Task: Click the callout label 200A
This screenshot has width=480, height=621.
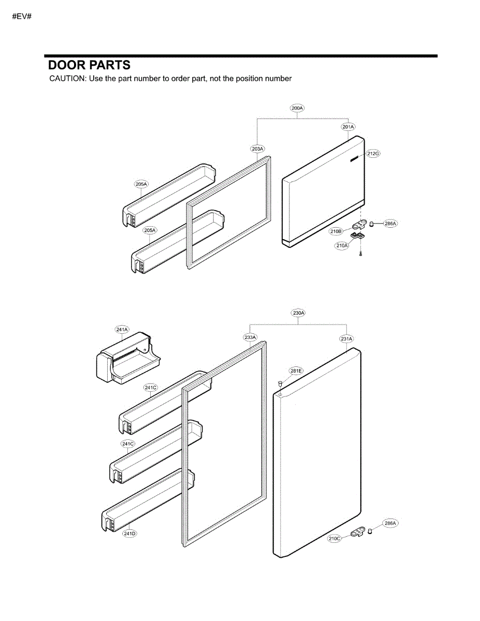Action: [x=297, y=108]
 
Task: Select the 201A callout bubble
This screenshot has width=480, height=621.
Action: [x=348, y=127]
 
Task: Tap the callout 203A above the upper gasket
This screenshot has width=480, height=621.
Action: [x=257, y=149]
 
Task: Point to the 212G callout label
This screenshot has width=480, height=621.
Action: [x=373, y=154]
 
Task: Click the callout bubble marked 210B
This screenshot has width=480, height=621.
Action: [x=337, y=231]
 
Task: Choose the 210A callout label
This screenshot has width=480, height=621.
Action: [x=342, y=246]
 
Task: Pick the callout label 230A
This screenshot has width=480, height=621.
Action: [x=299, y=313]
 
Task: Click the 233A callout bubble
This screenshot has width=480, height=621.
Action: [x=250, y=337]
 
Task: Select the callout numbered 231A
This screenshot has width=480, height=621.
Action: [x=346, y=339]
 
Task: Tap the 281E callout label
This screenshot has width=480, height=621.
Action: [x=296, y=371]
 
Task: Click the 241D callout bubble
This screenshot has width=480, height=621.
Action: [x=129, y=534]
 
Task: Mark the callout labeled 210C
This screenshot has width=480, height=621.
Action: [x=334, y=539]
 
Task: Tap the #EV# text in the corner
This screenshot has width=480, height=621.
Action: [x=22, y=16]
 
